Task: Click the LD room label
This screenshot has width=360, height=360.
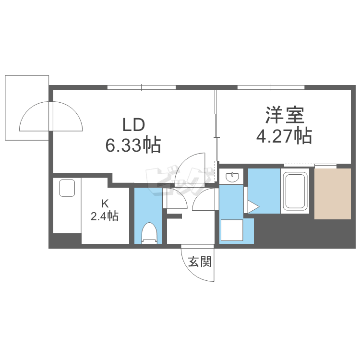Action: (x=134, y=125)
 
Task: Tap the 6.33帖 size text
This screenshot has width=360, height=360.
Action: (x=133, y=145)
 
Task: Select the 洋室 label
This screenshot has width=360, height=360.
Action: (x=285, y=115)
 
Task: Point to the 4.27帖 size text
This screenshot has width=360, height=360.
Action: (x=284, y=136)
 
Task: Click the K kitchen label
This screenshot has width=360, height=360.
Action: (x=105, y=204)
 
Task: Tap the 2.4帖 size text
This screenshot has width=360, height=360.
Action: (x=105, y=216)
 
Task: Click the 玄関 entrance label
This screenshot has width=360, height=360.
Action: (x=200, y=262)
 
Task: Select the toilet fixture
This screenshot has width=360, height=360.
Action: (x=149, y=233)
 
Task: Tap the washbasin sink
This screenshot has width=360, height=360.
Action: (x=232, y=177)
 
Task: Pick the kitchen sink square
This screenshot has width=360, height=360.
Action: (x=67, y=188)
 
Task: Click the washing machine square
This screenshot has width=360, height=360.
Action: (x=232, y=230)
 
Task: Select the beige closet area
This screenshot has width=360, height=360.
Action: (x=333, y=194)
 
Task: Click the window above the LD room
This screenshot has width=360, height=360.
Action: (x=142, y=87)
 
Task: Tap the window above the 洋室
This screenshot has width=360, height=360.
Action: (x=271, y=87)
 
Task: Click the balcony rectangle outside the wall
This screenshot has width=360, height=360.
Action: (x=27, y=108)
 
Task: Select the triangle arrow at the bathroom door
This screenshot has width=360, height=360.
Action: (x=253, y=206)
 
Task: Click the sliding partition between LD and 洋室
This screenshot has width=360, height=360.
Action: (x=216, y=126)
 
